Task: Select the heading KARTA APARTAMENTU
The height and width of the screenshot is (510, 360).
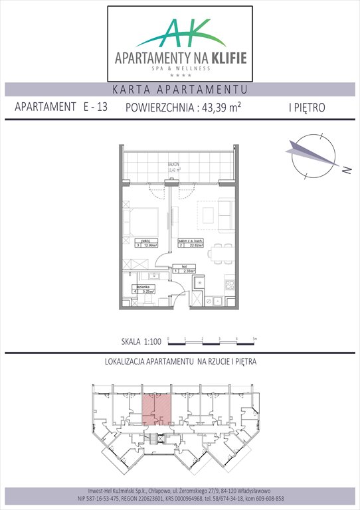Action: [x=180, y=90]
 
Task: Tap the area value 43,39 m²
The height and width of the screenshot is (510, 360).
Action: [x=220, y=108]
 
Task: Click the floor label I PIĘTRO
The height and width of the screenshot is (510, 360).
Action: [x=308, y=108]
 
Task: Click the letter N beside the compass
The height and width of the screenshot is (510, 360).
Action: [x=345, y=170]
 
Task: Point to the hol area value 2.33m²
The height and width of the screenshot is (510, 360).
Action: [x=188, y=271]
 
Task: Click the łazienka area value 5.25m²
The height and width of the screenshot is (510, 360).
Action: [x=147, y=291]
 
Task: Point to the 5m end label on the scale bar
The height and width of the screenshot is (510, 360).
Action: [x=254, y=339]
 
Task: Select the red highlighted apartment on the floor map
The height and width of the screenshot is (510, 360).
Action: [x=159, y=404]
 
